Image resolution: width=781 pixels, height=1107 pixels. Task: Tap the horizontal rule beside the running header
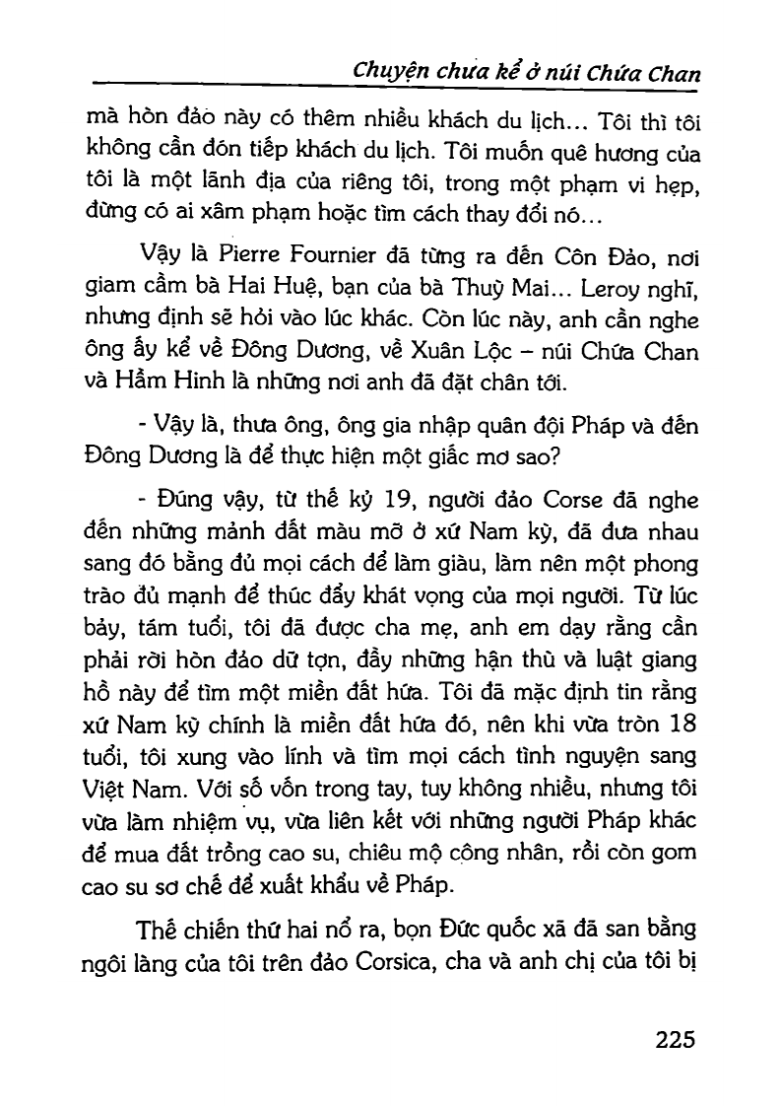click(217, 84)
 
